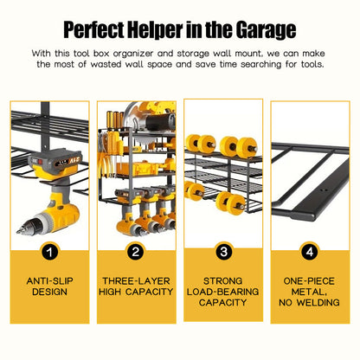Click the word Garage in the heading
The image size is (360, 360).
pos(266,30)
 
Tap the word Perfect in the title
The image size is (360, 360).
pos(94,29)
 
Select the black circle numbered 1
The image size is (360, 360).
pos(49,252)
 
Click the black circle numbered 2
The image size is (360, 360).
pos(136,252)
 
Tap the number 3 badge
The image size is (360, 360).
pos(223,252)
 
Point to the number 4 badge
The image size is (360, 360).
pos(310,252)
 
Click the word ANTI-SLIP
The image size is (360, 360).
pos(50,281)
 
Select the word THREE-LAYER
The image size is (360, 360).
pos(136,281)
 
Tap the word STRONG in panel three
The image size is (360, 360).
pos(222,281)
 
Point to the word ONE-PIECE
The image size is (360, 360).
pos(309,281)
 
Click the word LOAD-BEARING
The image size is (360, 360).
pos(222,292)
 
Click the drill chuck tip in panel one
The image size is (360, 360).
pos(18,231)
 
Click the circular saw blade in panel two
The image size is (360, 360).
pos(137,123)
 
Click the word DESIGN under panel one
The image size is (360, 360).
pos(49,292)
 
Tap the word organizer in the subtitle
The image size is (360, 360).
pos(133,54)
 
